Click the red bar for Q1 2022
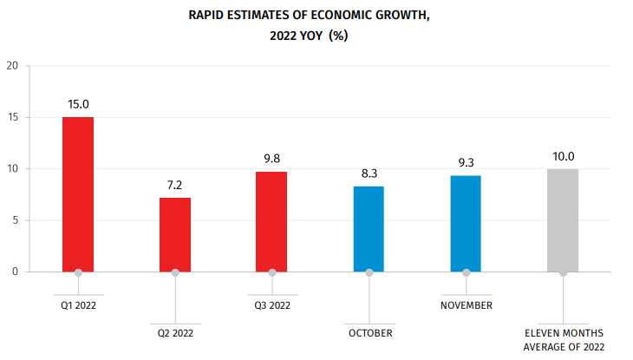tap(78, 194)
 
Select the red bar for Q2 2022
tap(175, 234)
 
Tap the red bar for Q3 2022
tap(272, 221)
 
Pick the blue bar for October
tap(369, 229)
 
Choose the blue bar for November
tap(467, 224)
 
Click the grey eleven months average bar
tap(563, 220)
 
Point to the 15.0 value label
tap(78, 105)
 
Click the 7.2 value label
tap(175, 186)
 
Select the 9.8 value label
tap(272, 159)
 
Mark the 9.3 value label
tap(467, 164)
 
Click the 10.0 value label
tap(563, 157)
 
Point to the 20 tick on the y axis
tap(12, 65)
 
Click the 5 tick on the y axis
tap(15, 220)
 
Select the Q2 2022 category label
tap(175, 333)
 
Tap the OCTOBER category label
tap(370, 333)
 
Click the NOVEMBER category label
tap(467, 306)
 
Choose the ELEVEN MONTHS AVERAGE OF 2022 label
tap(564, 340)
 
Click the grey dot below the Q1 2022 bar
tap(78, 272)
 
